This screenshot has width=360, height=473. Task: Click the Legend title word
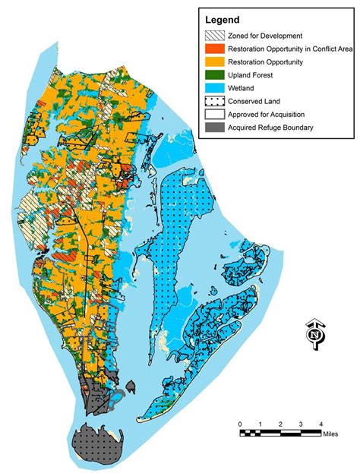221,19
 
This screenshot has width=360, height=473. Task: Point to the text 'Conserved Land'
259,101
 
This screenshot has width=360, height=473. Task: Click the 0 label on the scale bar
239,423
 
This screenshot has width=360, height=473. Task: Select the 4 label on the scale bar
321,423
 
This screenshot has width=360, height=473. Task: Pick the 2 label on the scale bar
280,423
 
